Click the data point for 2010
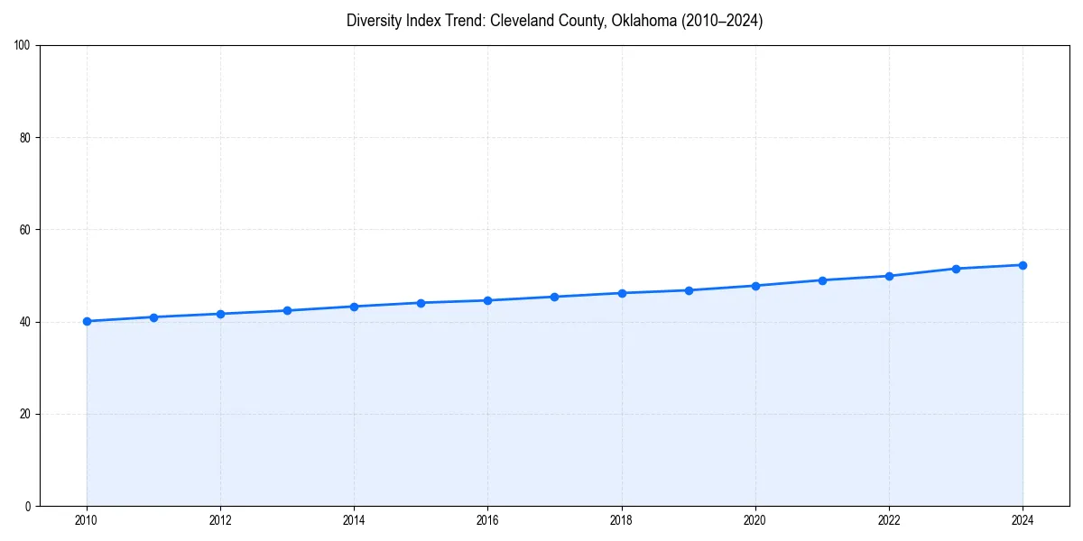pyautogui.click(x=87, y=321)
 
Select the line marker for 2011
pyautogui.click(x=153, y=317)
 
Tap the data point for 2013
pyautogui.click(x=287, y=310)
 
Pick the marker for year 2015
pyautogui.click(x=421, y=303)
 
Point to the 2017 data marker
pyautogui.click(x=554, y=297)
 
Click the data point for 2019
pyautogui.click(x=689, y=290)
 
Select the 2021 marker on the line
pyautogui.click(x=822, y=280)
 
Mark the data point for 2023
pyautogui.click(x=956, y=269)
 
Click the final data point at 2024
pyautogui.click(x=1023, y=265)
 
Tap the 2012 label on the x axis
pyautogui.click(x=220, y=520)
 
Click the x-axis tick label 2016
pyautogui.click(x=487, y=520)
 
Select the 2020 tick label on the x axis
pyautogui.click(x=755, y=520)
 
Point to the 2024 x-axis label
pyautogui.click(x=1023, y=520)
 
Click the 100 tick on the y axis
pyautogui.click(x=23, y=46)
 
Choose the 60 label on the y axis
pyautogui.click(x=25, y=230)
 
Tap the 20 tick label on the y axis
pyautogui.click(x=25, y=414)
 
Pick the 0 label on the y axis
pyautogui.click(x=28, y=506)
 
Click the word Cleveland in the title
pyautogui.click(x=520, y=21)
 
